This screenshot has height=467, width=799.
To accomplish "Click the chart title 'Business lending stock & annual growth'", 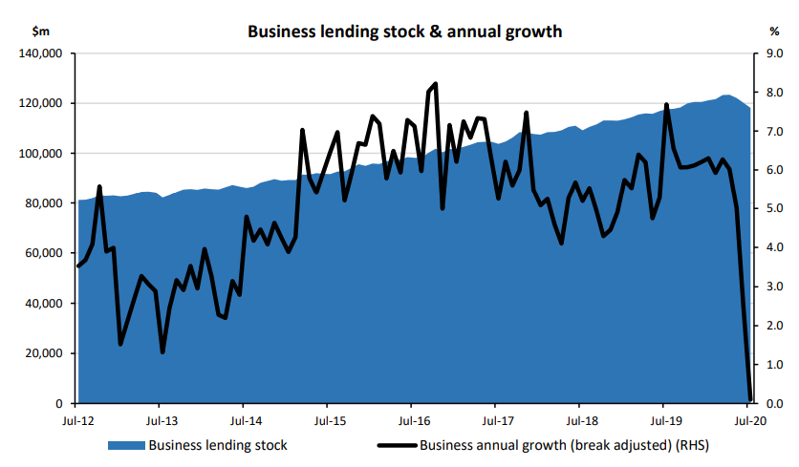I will (x=404, y=32).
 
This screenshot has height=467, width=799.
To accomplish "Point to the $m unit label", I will (x=42, y=32).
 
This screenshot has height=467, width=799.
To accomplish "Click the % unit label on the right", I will (x=773, y=32).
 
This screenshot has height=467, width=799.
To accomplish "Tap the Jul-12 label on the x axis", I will (x=77, y=420).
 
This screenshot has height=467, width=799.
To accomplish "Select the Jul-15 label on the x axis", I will (x=329, y=420).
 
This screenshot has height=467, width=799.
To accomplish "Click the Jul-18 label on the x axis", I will (x=580, y=420).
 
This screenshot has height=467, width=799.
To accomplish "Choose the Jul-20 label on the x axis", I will (x=747, y=420).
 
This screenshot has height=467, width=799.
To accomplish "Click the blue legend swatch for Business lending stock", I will (x=125, y=445).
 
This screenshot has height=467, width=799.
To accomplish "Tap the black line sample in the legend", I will (x=396, y=445).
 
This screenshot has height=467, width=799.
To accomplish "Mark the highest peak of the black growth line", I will (x=436, y=84).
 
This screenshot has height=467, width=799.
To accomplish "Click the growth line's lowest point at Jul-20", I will (x=749, y=399).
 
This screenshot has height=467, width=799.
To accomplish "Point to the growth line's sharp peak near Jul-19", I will (x=666, y=105).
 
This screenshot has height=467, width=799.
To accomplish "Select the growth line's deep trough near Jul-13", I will (x=162, y=351).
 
